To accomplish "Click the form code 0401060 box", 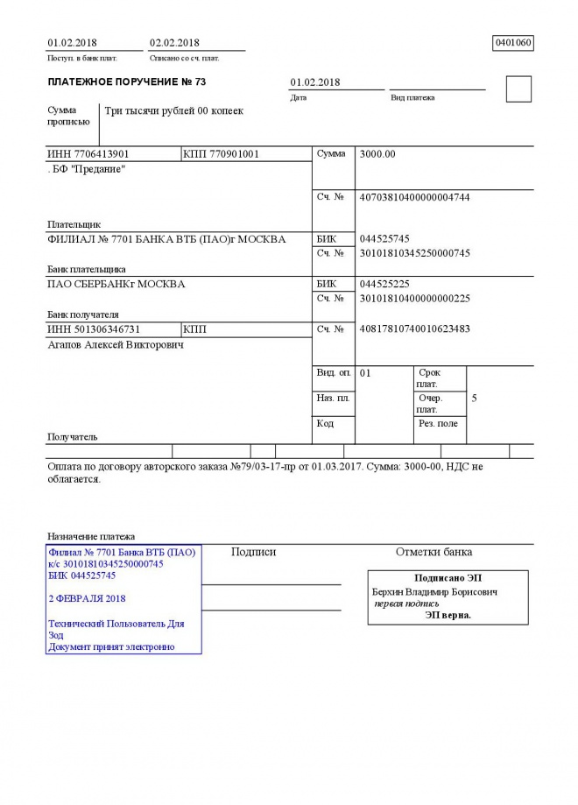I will (513, 42).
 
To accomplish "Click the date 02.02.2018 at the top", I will (174, 42).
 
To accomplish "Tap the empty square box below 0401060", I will (518, 89).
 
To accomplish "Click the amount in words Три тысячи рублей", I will (173, 111).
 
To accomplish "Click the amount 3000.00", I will (377, 154).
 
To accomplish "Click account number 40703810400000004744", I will (414, 197).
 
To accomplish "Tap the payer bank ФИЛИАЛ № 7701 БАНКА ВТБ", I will (166, 238).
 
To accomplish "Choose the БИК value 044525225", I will (384, 284).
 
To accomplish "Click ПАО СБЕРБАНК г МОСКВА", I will (116, 284).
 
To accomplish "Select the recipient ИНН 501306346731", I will (94, 329).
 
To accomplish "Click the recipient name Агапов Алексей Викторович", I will (115, 344).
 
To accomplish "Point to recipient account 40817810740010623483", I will (414, 329).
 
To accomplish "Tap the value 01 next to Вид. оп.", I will (366, 373).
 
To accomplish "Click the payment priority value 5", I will (475, 398).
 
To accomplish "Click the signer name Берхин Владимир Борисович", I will (434, 592).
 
